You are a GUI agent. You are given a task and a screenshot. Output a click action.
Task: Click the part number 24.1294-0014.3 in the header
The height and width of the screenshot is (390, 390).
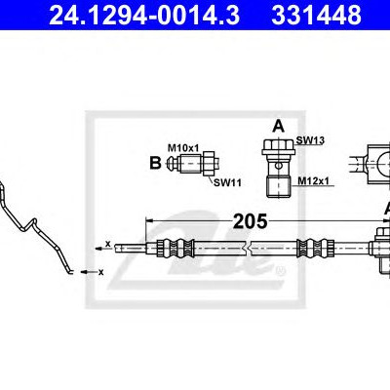(144, 15)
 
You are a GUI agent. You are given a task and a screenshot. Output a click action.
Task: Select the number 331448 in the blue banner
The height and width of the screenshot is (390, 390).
(316, 15)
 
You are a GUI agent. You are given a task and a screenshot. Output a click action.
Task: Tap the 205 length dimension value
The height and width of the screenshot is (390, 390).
(251, 221)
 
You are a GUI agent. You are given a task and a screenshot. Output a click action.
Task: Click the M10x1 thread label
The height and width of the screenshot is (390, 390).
(183, 148)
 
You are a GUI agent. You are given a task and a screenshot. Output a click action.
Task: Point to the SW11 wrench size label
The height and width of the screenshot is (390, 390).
(227, 182)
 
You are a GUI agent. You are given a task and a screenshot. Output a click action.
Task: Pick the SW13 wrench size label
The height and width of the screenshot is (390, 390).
(310, 140)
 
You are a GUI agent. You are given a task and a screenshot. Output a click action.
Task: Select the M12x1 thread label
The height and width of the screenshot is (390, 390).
(314, 181)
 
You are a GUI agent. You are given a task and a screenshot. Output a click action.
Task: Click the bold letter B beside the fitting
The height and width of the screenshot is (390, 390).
(155, 163)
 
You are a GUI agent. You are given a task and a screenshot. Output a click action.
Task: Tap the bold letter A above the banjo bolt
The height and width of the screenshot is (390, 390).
(278, 126)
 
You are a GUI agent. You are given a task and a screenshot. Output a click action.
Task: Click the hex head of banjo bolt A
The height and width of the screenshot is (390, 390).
(279, 147)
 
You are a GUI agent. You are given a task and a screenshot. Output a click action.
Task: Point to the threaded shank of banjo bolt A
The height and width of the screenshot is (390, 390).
(278, 186)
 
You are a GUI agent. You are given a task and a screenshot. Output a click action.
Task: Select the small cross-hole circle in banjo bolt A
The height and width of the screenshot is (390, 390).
(278, 166)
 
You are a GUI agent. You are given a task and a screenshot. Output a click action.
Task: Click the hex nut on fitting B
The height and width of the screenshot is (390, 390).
(210, 163)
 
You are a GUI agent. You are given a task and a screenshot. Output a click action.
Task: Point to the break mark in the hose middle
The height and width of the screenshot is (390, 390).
(249, 249)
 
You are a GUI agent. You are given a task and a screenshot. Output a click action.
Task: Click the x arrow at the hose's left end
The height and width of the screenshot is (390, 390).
(103, 247)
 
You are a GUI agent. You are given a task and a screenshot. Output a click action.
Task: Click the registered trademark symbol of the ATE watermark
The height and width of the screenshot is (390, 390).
(281, 269)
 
